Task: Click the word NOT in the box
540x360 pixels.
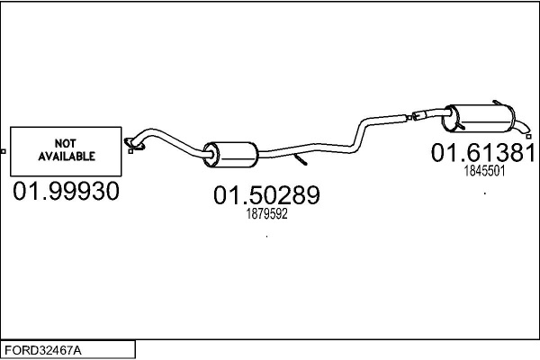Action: (67, 142)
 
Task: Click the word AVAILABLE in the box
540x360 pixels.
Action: (67, 155)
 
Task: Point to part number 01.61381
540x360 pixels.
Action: (483, 153)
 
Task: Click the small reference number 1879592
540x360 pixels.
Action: (266, 214)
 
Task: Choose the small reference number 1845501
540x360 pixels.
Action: (483, 170)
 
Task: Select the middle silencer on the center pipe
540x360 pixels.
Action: (229, 154)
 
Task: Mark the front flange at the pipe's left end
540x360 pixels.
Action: (136, 141)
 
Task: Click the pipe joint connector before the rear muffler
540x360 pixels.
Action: (421, 114)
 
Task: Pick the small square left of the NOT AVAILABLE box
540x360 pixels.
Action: (4, 149)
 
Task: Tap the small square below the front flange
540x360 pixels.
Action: (132, 150)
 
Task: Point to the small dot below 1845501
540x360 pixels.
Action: (484, 193)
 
